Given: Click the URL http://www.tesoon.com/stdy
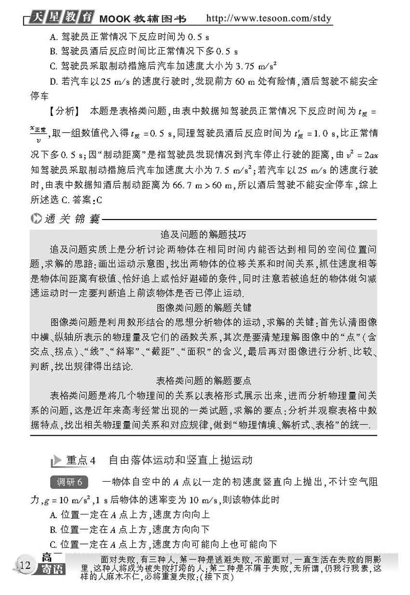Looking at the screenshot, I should (269, 19).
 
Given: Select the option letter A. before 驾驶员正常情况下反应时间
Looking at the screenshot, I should (53, 37).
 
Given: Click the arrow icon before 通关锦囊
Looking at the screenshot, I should (37, 220).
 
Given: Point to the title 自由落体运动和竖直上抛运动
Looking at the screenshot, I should (180, 460).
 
